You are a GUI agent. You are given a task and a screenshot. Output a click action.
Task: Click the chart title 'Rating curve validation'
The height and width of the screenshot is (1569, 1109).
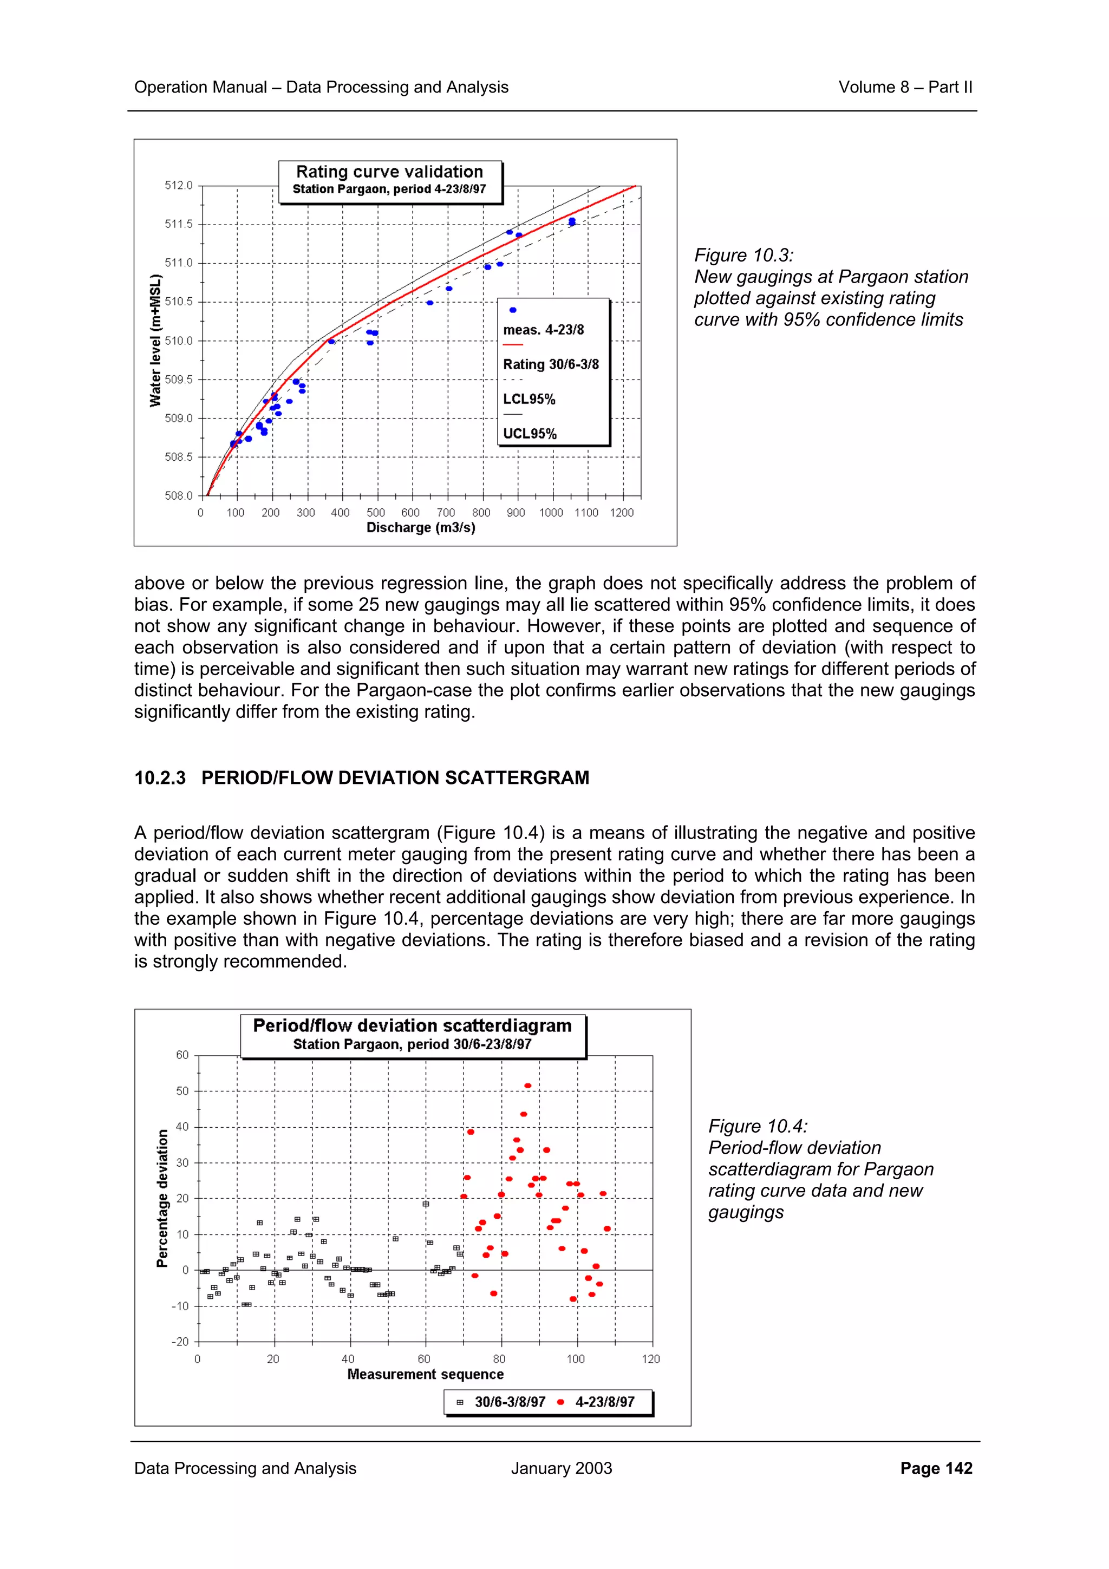coord(389,172)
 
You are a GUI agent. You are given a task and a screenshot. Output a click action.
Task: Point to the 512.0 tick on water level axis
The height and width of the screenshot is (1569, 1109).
coord(179,186)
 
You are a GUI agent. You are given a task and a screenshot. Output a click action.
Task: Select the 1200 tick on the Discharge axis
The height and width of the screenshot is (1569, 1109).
coord(621,513)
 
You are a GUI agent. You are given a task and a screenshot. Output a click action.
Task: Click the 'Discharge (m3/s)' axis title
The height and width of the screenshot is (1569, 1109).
coord(421,527)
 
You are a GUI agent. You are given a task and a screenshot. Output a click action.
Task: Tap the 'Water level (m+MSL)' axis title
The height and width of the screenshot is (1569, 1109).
coord(156,341)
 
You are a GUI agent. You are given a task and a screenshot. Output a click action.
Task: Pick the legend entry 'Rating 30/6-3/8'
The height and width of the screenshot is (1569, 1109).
coord(551,364)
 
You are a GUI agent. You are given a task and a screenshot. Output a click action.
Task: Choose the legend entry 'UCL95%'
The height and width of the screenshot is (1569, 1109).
coord(530,434)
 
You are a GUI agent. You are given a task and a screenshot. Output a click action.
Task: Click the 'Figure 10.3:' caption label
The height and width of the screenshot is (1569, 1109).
coord(743,256)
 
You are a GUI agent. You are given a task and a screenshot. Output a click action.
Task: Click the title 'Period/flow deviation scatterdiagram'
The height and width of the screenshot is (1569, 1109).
coord(412,1026)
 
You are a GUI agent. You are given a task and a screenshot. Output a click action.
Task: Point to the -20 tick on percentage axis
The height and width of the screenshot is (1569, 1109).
coord(180,1342)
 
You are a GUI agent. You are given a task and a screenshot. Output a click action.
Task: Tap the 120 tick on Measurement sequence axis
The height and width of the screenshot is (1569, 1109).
coord(650,1359)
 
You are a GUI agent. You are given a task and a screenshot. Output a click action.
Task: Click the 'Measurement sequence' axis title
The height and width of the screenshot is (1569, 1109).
coord(425,1374)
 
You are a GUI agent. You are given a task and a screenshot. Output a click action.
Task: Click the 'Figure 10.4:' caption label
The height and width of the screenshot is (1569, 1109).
coord(758,1127)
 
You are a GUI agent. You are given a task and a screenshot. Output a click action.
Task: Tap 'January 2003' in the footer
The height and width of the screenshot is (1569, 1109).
coord(561,1468)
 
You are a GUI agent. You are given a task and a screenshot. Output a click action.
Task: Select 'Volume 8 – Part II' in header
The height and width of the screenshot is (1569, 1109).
coord(905,88)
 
